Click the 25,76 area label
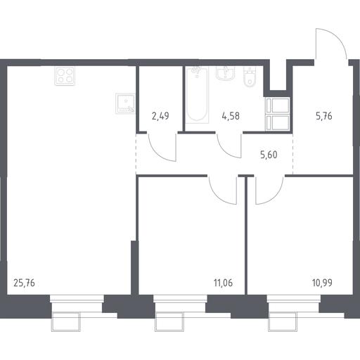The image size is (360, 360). click(24, 283)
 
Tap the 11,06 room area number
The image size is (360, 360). click(223, 283)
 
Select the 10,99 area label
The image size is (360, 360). click(322, 283)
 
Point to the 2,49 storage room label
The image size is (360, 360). click(160, 116)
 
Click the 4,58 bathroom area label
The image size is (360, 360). click(231, 116)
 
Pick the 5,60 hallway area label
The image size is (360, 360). click(269, 155)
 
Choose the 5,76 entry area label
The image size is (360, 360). click(324, 116)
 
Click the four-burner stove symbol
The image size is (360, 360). click(65, 76)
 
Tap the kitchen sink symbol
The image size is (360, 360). click(125, 103)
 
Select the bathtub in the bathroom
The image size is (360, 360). click(197, 95)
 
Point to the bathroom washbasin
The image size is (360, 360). click(225, 73)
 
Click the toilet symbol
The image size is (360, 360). click(250, 77)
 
